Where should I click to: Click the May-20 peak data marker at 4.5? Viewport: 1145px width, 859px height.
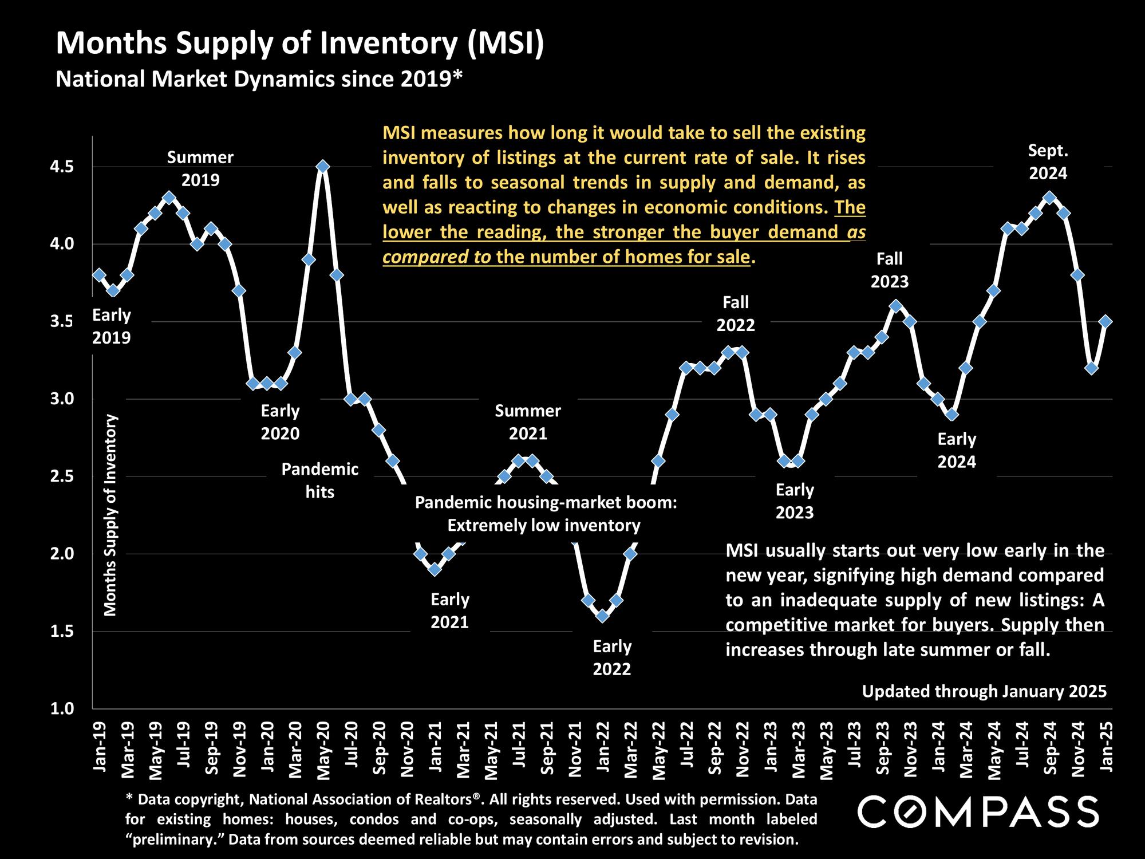[323, 167]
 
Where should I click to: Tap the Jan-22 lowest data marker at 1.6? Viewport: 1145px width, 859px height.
[602, 616]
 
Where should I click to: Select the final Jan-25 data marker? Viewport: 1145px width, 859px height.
[1105, 322]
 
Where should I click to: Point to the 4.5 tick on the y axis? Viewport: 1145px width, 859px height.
[62, 167]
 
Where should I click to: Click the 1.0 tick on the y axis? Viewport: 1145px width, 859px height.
[62, 709]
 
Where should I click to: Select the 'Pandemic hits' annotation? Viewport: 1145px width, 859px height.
[319, 480]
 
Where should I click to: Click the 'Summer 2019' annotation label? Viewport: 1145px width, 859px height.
[200, 168]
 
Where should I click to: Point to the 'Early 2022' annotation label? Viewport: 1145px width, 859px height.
[611, 657]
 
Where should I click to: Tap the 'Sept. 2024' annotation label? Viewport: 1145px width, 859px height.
[1048, 162]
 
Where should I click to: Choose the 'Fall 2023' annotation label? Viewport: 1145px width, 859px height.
[890, 270]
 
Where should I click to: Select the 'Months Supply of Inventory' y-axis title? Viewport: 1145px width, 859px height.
[110, 515]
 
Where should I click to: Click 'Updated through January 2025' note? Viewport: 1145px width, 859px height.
[984, 691]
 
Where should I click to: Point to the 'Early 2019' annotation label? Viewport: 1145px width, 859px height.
[112, 326]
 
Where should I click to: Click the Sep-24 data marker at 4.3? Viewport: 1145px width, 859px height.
[1049, 198]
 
